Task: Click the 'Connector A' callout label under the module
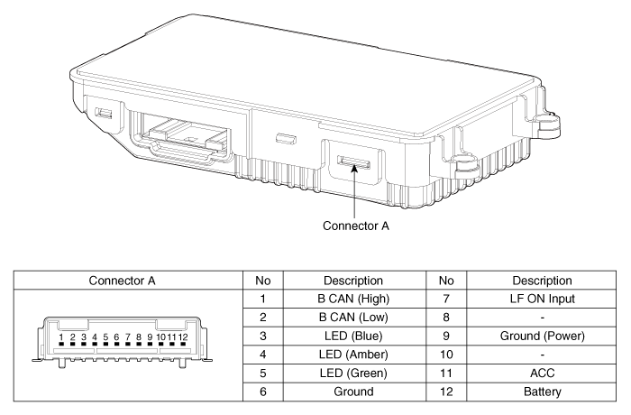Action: click(356, 226)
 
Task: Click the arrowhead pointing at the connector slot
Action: click(354, 169)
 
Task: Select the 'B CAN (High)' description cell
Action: click(353, 299)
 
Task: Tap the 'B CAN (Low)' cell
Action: click(353, 317)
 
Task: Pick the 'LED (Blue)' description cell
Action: click(353, 336)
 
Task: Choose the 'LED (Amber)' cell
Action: click(353, 355)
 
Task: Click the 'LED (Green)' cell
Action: click(353, 373)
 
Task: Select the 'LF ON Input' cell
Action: click(542, 299)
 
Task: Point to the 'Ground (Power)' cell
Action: click(542, 336)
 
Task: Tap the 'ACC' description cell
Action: click(542, 373)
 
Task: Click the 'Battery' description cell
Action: click(542, 392)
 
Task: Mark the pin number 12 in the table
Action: click(446, 392)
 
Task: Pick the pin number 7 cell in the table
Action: click(446, 299)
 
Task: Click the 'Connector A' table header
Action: click(122, 281)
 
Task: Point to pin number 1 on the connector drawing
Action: click(61, 337)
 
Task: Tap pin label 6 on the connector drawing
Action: click(116, 337)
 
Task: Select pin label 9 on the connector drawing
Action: click(150, 337)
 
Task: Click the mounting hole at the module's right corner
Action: click(550, 120)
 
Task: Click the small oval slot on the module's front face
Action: click(286, 140)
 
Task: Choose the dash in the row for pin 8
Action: click(542, 318)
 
